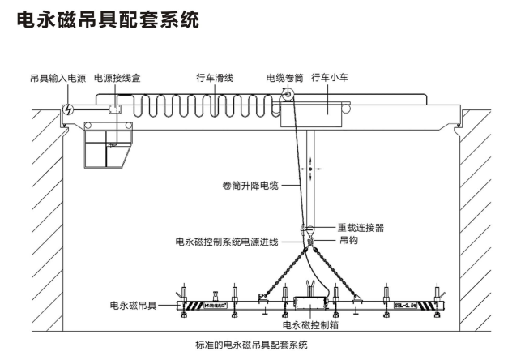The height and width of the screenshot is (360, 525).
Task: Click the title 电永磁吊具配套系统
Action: pos(107,19)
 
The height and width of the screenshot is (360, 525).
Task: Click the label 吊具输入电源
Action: pos(53,79)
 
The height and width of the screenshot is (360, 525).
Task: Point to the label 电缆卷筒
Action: pos(284,79)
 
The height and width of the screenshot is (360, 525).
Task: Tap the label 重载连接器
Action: pos(361,228)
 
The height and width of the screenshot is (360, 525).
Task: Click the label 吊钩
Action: pos(348,241)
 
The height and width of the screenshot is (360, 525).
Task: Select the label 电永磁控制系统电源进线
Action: pos(227,242)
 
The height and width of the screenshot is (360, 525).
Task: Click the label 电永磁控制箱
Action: pos(309,324)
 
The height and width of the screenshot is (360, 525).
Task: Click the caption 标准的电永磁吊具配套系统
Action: pos(252,346)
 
